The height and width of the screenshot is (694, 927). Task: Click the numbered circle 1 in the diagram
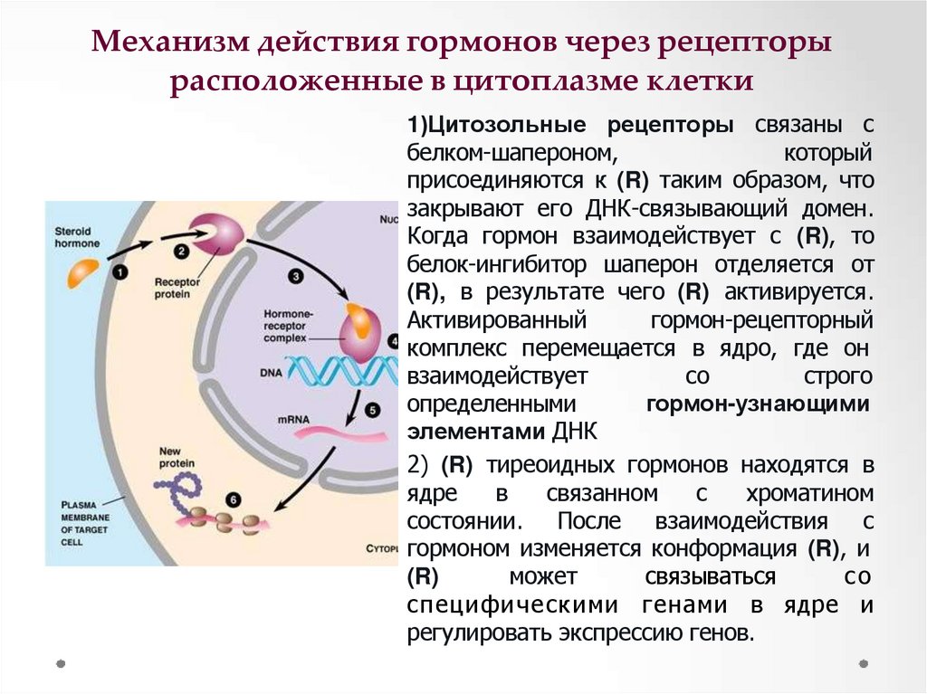click(x=120, y=271)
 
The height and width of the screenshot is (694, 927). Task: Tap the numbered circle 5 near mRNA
click(x=373, y=411)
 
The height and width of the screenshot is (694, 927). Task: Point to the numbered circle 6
click(x=234, y=499)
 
